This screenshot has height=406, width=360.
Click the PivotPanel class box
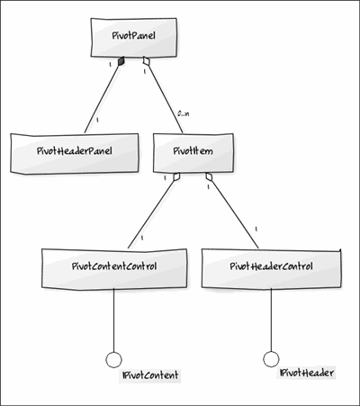pos(134,37)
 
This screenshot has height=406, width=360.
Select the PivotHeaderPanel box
pos(75,153)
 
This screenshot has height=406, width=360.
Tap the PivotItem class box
pos(193,153)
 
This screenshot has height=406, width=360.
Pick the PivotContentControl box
pos(114,269)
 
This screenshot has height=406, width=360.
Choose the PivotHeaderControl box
pos(272,269)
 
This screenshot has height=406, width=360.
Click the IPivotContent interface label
pos(150,375)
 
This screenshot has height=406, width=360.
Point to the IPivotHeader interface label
pos(306,373)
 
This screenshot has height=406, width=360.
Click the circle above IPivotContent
pos(113,359)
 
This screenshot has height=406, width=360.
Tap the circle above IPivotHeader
pos(271,359)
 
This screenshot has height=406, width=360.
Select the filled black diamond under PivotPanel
pos(121,61)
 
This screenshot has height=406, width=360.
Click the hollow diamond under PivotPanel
pos(146,61)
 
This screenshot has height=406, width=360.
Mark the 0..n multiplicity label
pos(184,114)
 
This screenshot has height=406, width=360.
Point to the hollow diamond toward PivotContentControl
pos(176,176)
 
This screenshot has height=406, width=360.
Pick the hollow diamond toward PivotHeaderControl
pos(209,176)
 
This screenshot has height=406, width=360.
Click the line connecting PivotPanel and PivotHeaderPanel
pos(102,99)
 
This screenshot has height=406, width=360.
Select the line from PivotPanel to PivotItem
pos(165,99)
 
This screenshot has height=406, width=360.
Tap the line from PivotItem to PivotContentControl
pos(151,215)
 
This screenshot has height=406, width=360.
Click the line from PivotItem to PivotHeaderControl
pos(235,215)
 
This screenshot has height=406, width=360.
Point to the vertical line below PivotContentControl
pos(113,320)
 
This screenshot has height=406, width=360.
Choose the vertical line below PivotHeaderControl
pos(271,320)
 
